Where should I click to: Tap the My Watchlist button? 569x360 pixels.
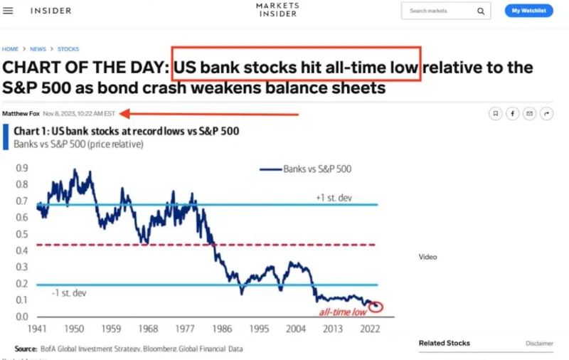coord(528,11)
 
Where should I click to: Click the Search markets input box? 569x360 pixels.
coord(441,11)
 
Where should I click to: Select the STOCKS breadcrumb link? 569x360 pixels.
coord(68,49)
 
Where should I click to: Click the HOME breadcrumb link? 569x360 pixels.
coord(10,49)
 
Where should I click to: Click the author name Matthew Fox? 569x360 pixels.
coord(21,113)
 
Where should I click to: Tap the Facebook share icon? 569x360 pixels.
coord(512,113)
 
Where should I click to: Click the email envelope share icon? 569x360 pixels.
coord(529,113)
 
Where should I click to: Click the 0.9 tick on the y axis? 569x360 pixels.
coord(21,169)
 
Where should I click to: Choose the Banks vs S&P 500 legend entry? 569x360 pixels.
coord(306,169)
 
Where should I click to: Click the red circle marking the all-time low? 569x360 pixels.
coord(376,306)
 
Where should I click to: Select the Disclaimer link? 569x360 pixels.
coord(539,344)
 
